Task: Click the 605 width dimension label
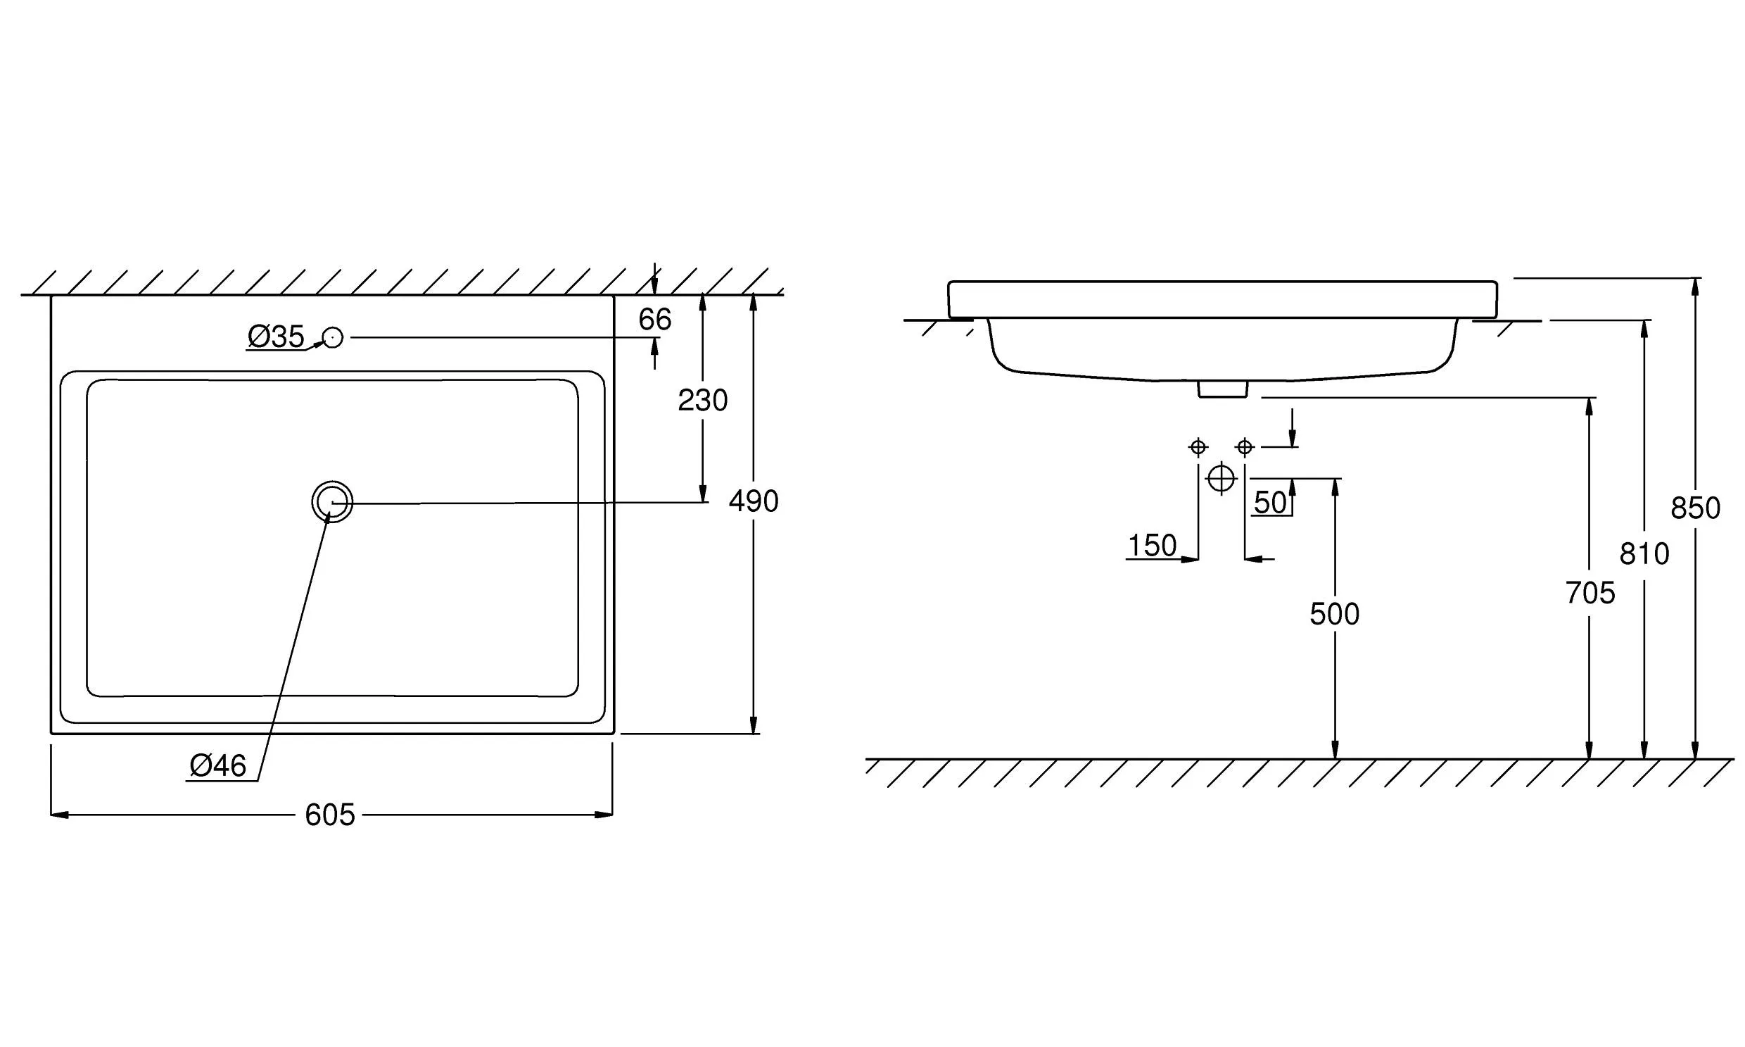coord(330,815)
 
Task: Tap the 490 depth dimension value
coord(753,501)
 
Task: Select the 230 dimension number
coord(702,400)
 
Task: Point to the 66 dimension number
coord(655,320)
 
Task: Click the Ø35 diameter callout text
coord(276,337)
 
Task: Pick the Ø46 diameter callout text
coord(218,765)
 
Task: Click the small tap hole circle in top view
coord(333,338)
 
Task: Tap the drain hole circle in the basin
coord(332,501)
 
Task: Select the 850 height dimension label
coord(1695,508)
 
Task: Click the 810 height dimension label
coord(1644,554)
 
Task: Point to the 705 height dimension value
coord(1590,593)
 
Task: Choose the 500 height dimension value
coord(1335,614)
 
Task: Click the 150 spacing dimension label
coord(1152,546)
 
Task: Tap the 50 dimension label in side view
coord(1271,502)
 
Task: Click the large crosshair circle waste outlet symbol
coord(1222,478)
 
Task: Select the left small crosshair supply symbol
coord(1198,446)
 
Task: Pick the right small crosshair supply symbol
coord(1245,446)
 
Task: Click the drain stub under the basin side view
coord(1223,389)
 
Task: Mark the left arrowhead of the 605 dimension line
coord(59,815)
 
